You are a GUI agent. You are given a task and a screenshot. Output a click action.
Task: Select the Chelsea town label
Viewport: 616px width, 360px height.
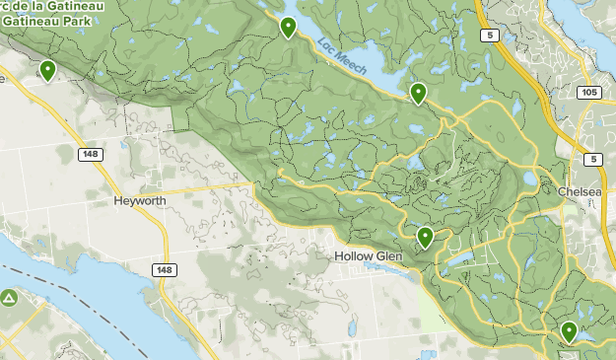tap(578, 191)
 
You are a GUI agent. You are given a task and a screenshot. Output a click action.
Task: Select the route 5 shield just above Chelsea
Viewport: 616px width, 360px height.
tap(591, 159)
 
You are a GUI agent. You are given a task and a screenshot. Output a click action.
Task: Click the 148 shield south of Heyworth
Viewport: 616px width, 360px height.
tap(165, 269)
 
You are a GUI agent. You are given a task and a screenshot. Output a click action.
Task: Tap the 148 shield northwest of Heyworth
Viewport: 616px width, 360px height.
tap(91, 154)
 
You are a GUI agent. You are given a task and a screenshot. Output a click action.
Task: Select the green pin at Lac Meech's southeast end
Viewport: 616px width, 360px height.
tap(418, 93)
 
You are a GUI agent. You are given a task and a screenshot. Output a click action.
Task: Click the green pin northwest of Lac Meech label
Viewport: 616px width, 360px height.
tap(288, 27)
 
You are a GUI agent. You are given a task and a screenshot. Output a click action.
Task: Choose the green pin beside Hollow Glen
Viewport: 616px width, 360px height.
tap(425, 237)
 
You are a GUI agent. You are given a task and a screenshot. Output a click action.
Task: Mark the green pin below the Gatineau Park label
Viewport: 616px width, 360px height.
tap(47, 69)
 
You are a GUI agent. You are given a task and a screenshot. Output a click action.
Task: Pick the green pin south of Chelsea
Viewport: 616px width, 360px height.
tap(569, 331)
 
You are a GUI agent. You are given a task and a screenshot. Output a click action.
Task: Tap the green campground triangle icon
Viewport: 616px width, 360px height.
tap(9, 297)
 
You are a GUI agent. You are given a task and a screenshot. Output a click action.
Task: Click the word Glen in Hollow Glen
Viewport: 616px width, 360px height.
tap(388, 255)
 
